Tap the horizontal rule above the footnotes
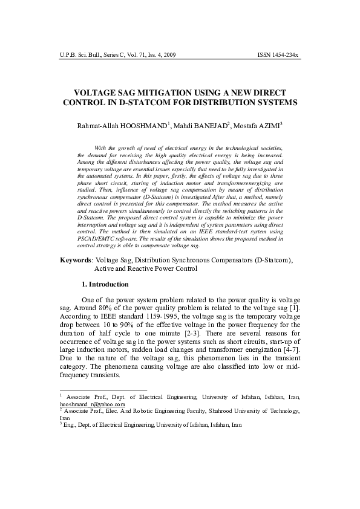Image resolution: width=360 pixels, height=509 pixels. point(103,391)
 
